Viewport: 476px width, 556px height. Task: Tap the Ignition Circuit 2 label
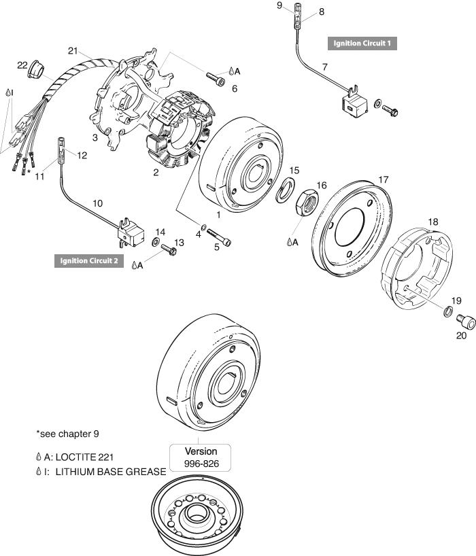88,260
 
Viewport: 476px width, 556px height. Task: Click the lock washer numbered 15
287,191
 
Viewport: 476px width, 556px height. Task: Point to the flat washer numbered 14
156,242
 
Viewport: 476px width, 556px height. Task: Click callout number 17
384,179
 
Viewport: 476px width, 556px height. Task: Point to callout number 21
73,50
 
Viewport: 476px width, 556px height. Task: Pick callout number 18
433,222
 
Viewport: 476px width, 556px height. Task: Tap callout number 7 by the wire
324,67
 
